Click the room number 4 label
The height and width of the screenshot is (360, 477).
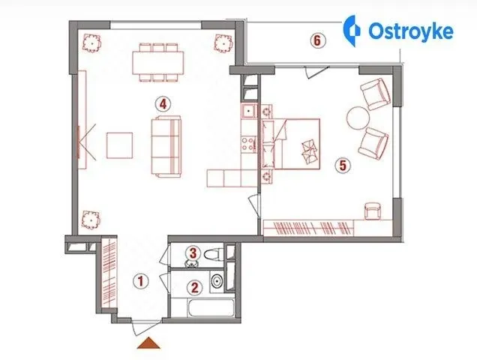(163, 104)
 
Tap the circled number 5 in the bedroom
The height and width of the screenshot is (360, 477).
(343, 166)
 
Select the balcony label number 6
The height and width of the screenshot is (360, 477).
(317, 40)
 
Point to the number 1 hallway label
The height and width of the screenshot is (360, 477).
(140, 281)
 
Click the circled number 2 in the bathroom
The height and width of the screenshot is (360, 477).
(194, 287)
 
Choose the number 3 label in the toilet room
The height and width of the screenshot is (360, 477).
(193, 253)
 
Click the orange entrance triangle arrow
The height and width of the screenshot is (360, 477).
(148, 343)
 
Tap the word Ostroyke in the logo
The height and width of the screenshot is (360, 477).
(411, 31)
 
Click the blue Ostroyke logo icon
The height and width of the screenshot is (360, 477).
(351, 31)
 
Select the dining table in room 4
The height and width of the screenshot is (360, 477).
(158, 63)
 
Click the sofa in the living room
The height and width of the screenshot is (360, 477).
(166, 146)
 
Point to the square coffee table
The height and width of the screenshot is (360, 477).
(119, 145)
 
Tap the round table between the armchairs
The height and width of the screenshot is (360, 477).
(358, 118)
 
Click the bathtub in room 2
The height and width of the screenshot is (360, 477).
(211, 308)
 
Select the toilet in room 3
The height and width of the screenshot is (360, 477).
(214, 254)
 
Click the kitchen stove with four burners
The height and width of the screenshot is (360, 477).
(249, 144)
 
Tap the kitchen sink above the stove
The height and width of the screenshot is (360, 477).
(250, 111)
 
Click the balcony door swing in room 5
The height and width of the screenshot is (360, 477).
(317, 72)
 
